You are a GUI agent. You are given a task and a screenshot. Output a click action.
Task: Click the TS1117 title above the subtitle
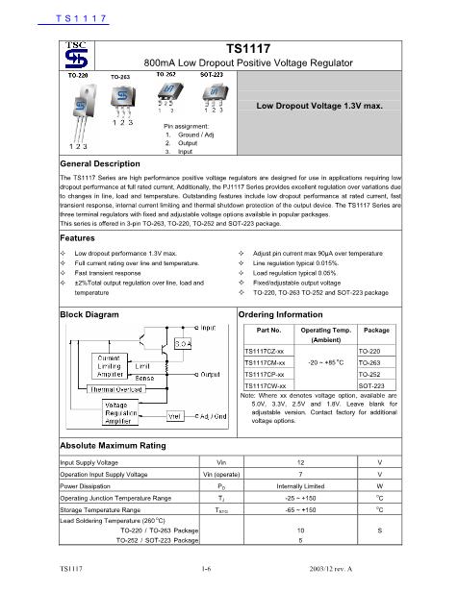(247, 46)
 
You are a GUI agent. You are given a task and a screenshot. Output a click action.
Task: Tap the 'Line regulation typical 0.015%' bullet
(296, 261)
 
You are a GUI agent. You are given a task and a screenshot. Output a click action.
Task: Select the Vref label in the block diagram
(176, 414)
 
